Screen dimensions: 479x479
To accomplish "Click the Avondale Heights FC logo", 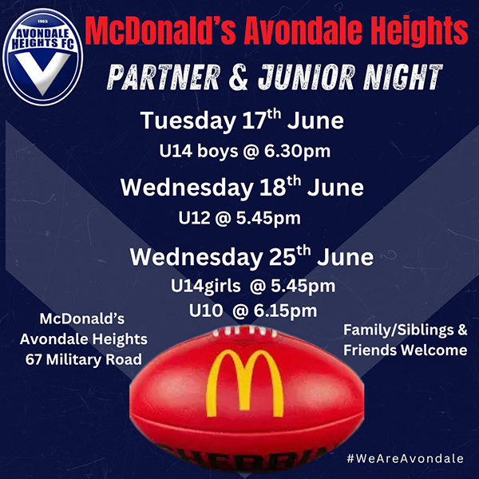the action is pyautogui.click(x=43, y=57).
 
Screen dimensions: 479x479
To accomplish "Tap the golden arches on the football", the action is pyautogui.click(x=245, y=383).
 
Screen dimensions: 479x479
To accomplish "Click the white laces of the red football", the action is pyautogui.click(x=244, y=331).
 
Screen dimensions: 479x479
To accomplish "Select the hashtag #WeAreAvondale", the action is pyautogui.click(x=405, y=458).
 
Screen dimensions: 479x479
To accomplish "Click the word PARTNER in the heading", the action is pyautogui.click(x=164, y=77).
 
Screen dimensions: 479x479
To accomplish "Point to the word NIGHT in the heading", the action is pyautogui.click(x=403, y=77).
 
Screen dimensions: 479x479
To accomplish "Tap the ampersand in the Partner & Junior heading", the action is pyautogui.click(x=239, y=77).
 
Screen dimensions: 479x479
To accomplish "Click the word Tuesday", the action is pyautogui.click(x=188, y=121).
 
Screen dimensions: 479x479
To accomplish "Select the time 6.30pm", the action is pyautogui.click(x=297, y=151).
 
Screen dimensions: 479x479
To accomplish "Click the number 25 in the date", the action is pyautogui.click(x=283, y=257).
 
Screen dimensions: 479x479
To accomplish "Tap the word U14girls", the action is pyautogui.click(x=206, y=287).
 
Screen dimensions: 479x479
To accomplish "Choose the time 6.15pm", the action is pyautogui.click(x=285, y=311).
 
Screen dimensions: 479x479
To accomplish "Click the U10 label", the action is pyautogui.click(x=206, y=311).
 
